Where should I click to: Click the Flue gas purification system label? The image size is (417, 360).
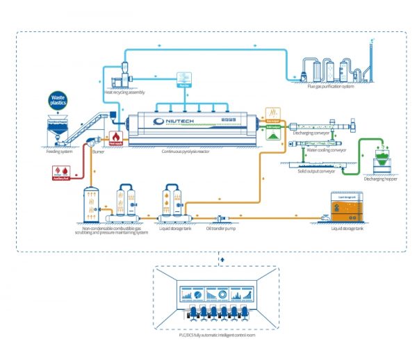[x=325, y=88]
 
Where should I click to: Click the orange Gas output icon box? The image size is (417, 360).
[x=271, y=112]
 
